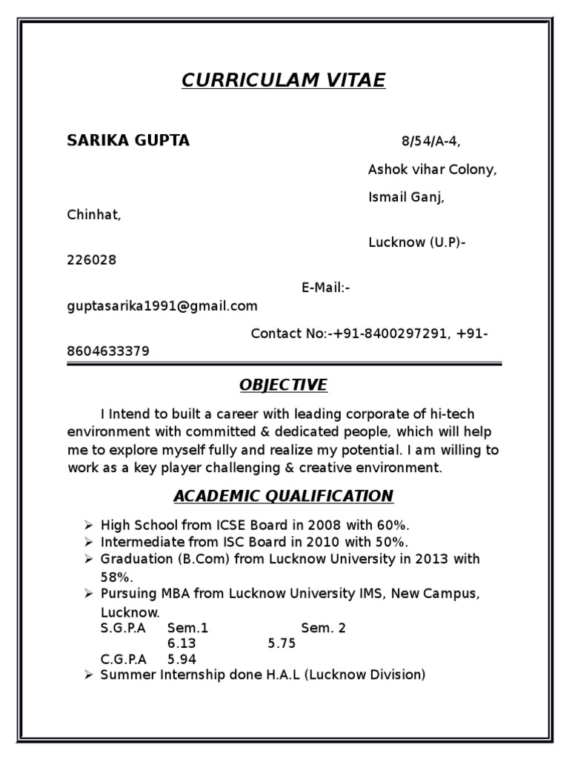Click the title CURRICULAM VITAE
point(284,81)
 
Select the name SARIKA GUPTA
point(128,141)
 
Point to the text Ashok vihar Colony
point(432,170)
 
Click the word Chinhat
point(93,215)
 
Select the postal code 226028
point(92,260)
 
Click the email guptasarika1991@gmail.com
point(162,305)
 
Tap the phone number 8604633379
point(108,351)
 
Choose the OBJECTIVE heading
point(283,385)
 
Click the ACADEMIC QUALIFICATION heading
point(283,496)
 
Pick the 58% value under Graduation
point(116,577)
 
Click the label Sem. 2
point(323,628)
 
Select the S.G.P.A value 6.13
point(182,643)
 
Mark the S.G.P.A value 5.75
point(282,643)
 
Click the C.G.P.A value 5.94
point(182,659)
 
